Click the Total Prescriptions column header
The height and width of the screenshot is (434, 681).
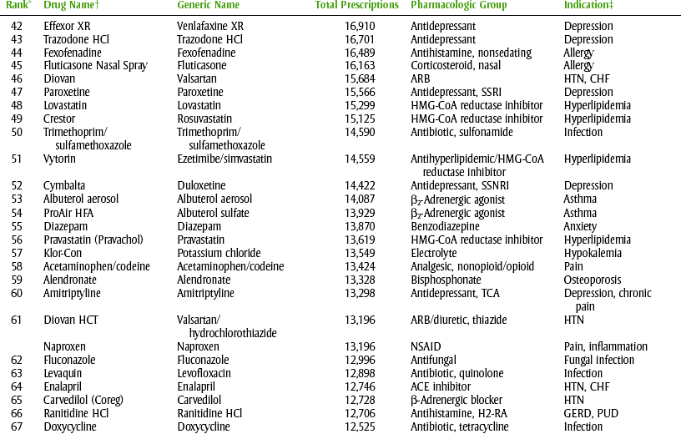[356, 6]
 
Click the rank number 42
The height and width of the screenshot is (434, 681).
[17, 26]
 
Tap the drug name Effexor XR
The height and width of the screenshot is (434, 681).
[67, 26]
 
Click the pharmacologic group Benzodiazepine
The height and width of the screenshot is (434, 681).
[450, 226]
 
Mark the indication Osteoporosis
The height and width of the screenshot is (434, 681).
[593, 280]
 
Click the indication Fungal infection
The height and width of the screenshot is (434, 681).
[598, 360]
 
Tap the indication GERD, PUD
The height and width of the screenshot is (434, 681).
[591, 413]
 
